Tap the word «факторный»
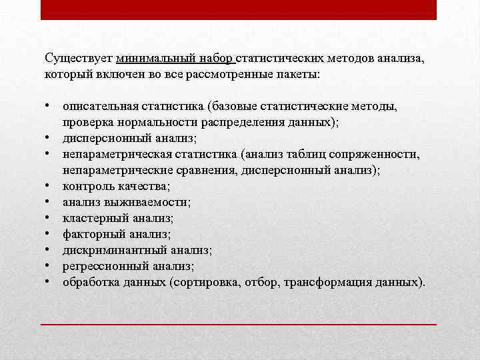[90, 234]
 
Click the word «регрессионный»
[101, 266]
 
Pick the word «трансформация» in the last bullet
[323, 282]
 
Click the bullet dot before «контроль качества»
[49, 186]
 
